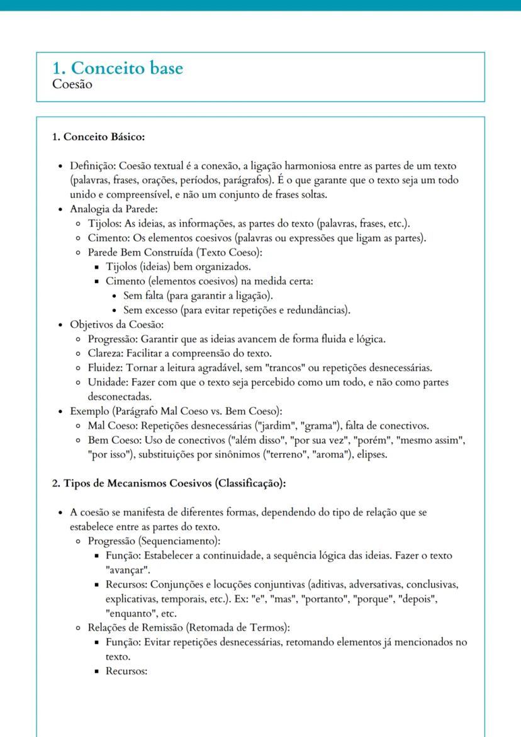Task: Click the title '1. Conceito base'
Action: (118, 69)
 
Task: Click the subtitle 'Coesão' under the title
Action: (74, 85)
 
